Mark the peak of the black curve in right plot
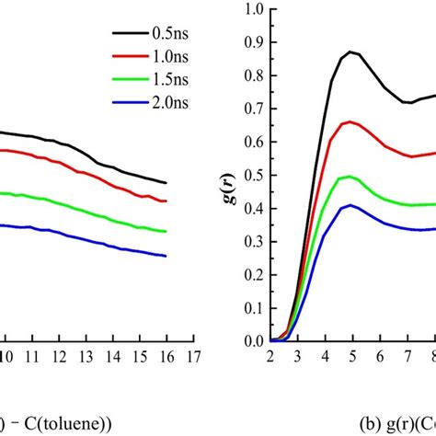point(351,52)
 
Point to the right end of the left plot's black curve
point(166,183)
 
